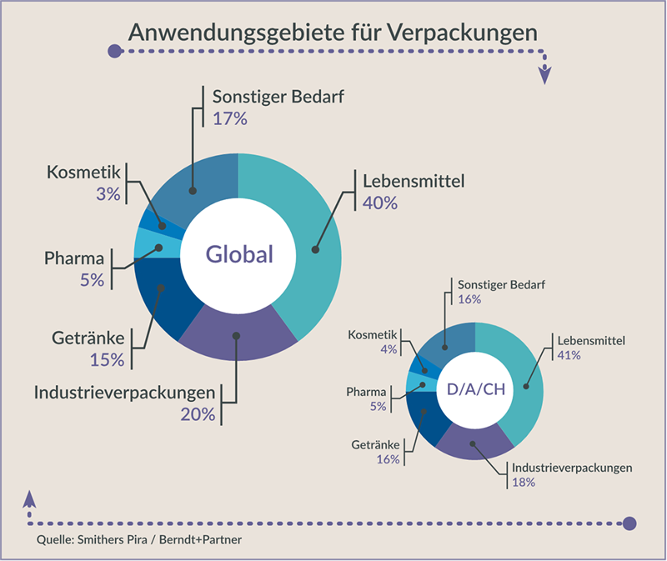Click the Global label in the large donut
click(x=239, y=254)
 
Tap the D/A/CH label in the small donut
click(x=476, y=388)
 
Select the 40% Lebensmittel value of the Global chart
click(x=379, y=202)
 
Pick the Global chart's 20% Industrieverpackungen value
click(x=198, y=413)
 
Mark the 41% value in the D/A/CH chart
click(x=570, y=356)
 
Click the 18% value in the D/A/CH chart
click(x=524, y=483)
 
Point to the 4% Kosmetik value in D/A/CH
click(x=389, y=349)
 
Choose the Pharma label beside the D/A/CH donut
click(x=366, y=391)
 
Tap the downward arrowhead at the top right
click(x=545, y=73)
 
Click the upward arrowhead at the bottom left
click(x=30, y=498)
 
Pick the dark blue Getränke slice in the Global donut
click(x=158, y=300)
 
